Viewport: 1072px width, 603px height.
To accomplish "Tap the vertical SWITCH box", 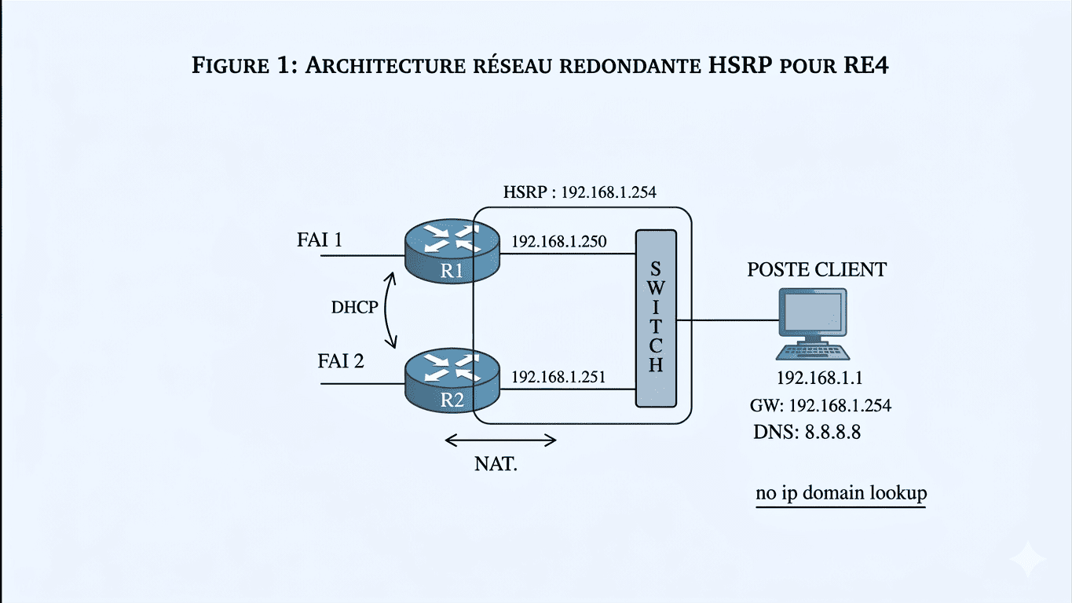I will (656, 318).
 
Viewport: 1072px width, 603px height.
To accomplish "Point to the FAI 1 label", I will (319, 239).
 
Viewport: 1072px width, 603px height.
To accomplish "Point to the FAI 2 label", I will (341, 361).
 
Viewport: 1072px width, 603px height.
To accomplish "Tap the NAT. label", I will (496, 463).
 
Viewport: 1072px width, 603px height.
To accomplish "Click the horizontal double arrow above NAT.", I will (500, 440).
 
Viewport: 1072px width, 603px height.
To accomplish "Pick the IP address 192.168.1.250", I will (558, 242).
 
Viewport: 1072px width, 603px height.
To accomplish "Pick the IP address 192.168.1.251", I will (558, 378).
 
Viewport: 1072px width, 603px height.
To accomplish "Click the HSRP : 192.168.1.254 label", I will (579, 192).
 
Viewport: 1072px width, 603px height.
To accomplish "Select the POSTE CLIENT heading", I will (817, 270).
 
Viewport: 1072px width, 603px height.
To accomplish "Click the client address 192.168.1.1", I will (820, 378).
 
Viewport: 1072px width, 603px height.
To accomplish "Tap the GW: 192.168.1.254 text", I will (821, 406).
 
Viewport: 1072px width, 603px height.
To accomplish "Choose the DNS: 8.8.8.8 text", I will (807, 432).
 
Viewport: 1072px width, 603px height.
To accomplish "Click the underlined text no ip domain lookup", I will (841, 493).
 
